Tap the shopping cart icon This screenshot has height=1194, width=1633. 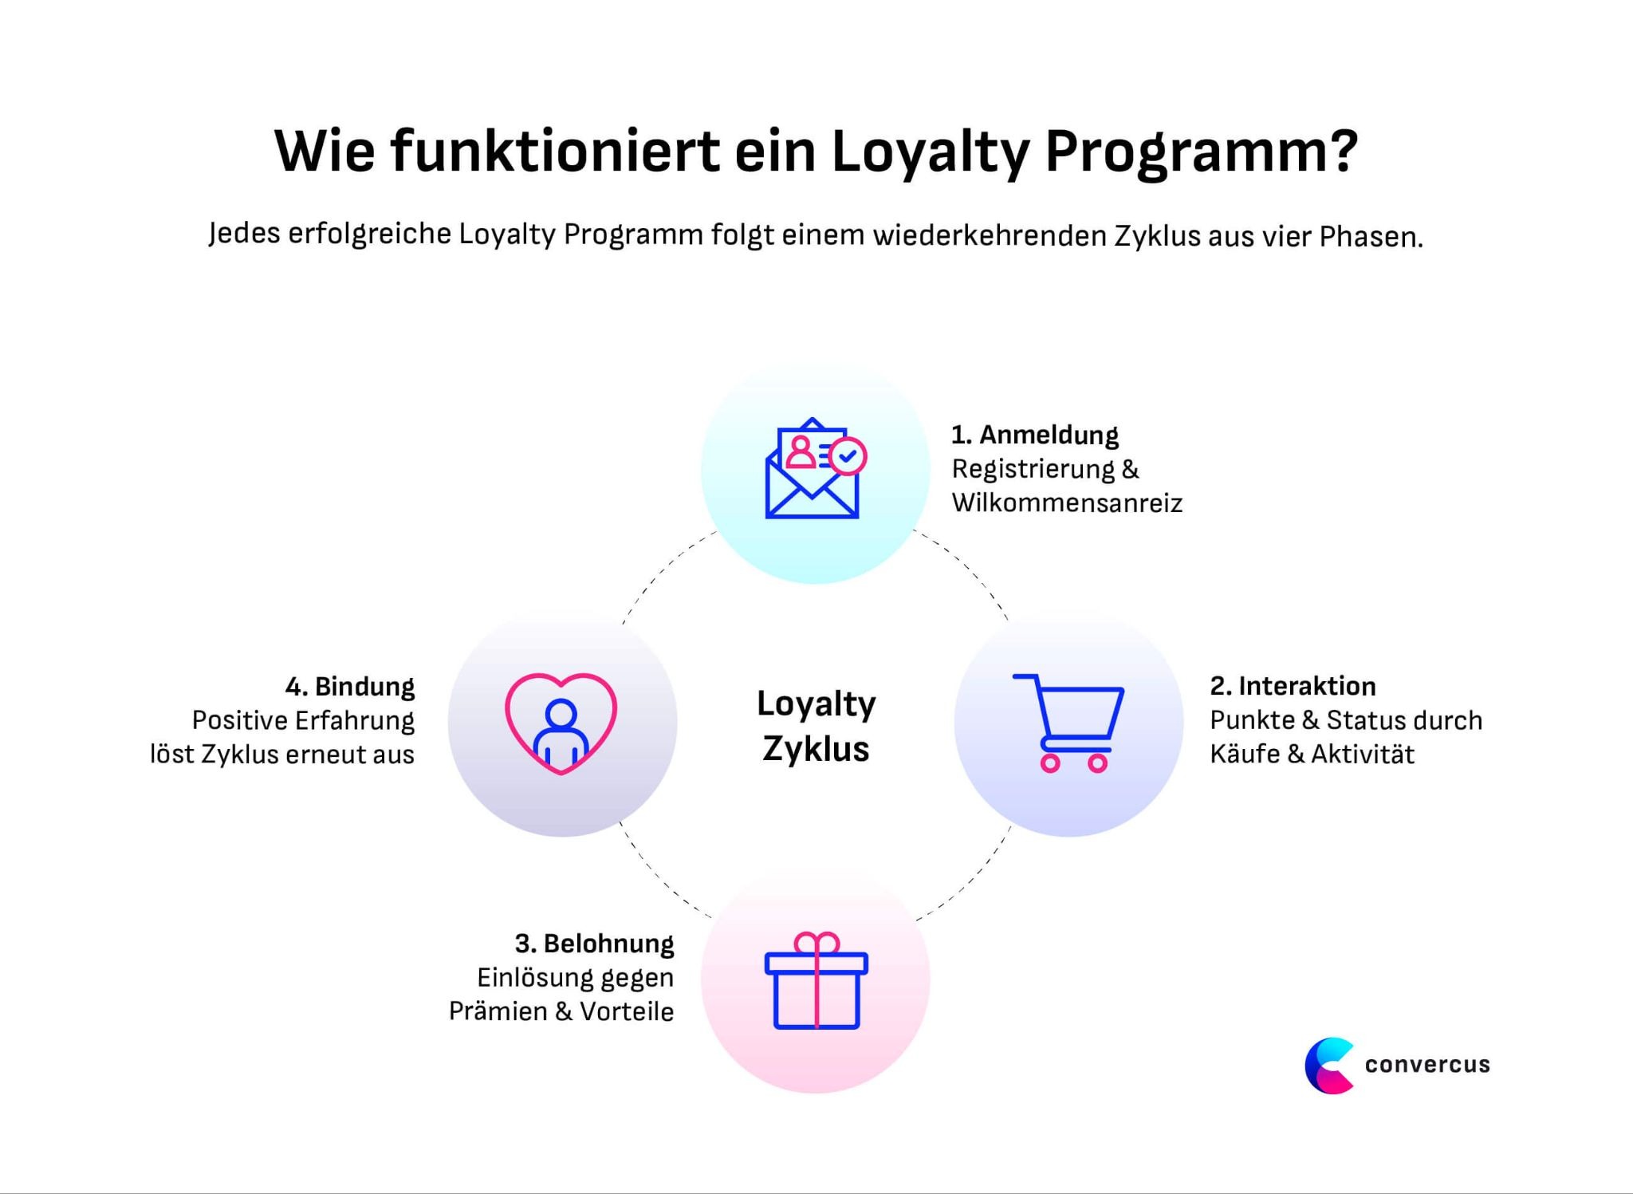tap(1068, 722)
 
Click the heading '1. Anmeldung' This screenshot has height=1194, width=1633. tap(1034, 435)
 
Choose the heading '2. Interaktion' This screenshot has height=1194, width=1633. tap(1293, 686)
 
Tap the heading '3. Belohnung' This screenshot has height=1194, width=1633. tap(594, 944)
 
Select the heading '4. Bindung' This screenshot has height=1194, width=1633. tap(350, 687)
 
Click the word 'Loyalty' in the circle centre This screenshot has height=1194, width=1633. tap(816, 704)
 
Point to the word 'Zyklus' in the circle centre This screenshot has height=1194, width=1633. tap(816, 749)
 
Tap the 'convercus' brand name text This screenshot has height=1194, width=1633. tap(1427, 1065)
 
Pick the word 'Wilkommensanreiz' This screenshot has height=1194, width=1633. tap(1067, 503)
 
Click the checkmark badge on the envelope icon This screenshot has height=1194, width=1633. tap(848, 456)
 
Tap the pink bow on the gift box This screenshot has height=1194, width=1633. tap(816, 943)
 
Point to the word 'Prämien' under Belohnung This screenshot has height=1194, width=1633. tap(498, 1011)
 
